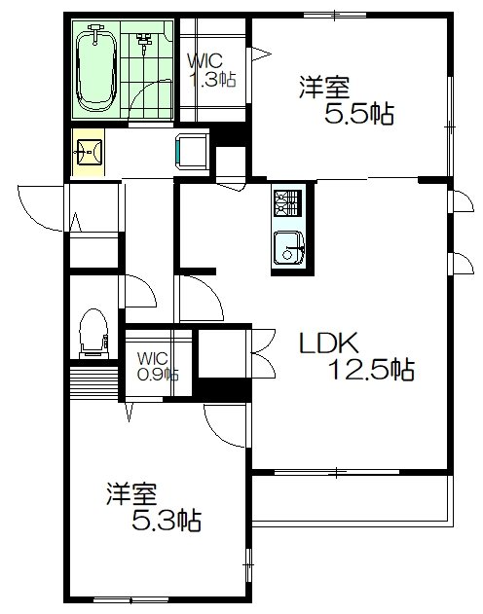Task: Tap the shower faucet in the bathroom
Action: pos(145,43)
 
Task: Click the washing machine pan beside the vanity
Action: pos(189,153)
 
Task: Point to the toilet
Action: pos(93,331)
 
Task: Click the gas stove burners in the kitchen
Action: pos(287,202)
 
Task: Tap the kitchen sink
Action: pos(287,247)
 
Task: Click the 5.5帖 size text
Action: pos(358,115)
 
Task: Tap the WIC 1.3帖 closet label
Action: pos(210,70)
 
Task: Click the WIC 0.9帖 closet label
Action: pos(156,365)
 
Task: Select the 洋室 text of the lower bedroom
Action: pos(131,493)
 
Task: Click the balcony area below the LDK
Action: pos(351,498)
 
